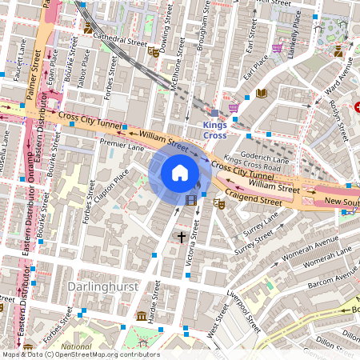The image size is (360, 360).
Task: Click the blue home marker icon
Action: [x=180, y=173]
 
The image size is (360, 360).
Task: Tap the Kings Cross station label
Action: [x=214, y=130]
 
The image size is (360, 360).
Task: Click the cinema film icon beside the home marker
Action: [x=191, y=201]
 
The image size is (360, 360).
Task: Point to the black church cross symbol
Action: [x=182, y=237]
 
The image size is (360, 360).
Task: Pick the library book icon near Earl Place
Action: [x=261, y=94]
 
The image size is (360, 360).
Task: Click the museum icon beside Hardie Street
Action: [x=141, y=314]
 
